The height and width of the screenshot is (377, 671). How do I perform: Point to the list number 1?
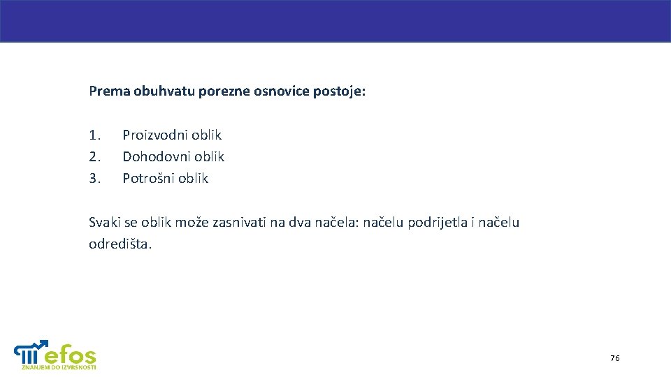coord(95,135)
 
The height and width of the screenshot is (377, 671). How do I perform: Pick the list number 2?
coord(95,156)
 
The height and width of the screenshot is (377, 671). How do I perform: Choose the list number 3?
coord(95,178)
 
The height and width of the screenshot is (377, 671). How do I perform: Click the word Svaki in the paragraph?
coord(104,223)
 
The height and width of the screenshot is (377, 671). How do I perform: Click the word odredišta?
coord(120,244)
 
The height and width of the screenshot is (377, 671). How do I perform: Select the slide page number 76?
coord(614,358)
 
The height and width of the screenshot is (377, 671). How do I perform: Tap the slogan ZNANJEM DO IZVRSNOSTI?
coord(59,367)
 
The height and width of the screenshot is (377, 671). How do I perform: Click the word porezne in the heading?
coord(221,91)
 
